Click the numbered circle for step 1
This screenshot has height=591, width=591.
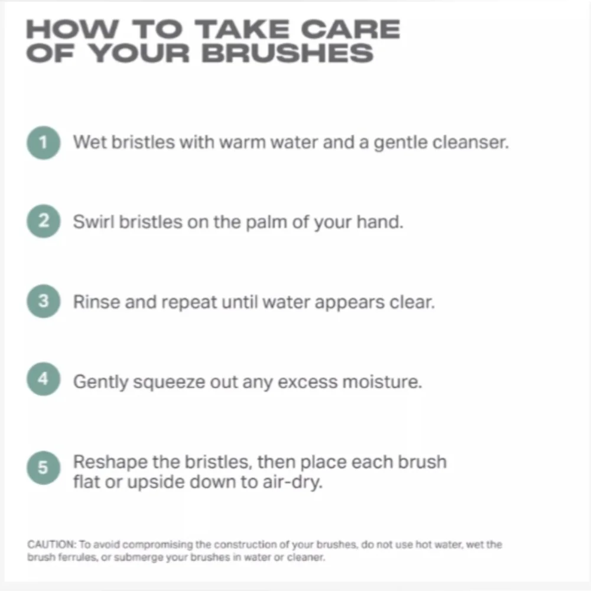pos(43,142)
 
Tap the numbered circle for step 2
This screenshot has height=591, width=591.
pos(43,221)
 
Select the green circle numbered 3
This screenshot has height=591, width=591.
pos(43,301)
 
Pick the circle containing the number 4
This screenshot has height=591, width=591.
pos(43,379)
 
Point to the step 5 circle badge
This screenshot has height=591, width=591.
pos(43,467)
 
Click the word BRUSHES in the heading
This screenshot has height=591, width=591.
pos(288,53)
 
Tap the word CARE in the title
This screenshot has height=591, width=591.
pos(350,29)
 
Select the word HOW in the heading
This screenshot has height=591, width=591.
pos(72,29)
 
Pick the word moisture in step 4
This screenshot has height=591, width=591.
pos(382,382)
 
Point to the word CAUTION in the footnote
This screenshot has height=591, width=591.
pos(51,545)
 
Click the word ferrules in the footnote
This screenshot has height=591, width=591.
pos(79,557)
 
